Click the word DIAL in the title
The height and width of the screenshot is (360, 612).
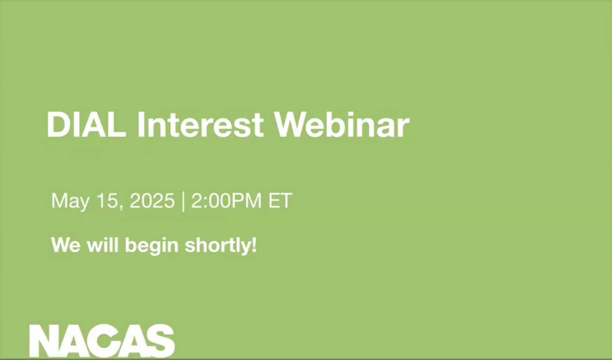tap(86, 125)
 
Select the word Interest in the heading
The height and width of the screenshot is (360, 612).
tap(200, 125)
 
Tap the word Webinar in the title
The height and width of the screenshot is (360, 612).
tap(342, 125)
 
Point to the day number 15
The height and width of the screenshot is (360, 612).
tap(107, 200)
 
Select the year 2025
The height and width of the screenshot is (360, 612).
tap(152, 200)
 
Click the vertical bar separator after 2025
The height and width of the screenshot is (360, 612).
tap(183, 202)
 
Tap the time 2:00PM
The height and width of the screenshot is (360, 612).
tap(226, 200)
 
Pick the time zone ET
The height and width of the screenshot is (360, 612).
tap(280, 200)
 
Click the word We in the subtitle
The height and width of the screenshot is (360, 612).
tap(66, 245)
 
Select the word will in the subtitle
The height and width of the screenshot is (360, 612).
tap(103, 244)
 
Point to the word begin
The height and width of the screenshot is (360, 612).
tap(152, 246)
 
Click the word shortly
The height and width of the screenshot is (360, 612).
tap(218, 246)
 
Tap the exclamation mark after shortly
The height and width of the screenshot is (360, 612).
tap(254, 244)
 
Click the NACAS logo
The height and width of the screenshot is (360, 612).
tap(102, 341)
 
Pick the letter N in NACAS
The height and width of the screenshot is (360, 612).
tap(46, 341)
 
